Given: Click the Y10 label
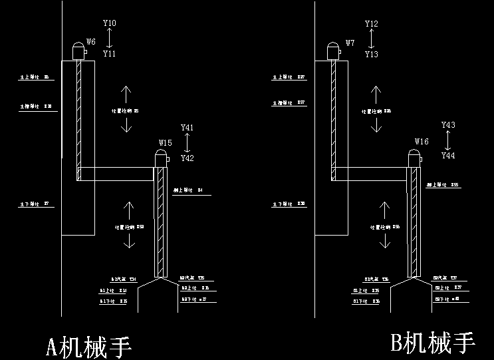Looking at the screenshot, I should (x=110, y=23).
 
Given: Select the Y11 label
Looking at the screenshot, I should (x=110, y=54).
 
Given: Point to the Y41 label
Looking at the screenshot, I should (x=187, y=127).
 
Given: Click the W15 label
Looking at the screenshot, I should (x=165, y=143).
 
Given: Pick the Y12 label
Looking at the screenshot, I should (x=372, y=24).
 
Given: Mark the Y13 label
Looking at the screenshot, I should (x=372, y=55).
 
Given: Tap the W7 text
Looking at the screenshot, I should (x=350, y=43).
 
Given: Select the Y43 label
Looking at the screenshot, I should (x=448, y=125).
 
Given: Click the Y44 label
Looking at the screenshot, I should (x=448, y=156).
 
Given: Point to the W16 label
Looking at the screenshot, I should (x=422, y=142).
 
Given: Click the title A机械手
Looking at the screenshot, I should (x=88, y=347).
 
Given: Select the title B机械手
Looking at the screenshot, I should (x=433, y=343).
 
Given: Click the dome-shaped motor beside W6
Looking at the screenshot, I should (x=79, y=51).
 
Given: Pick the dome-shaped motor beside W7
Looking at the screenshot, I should (x=334, y=51).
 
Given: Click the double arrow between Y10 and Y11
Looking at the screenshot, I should (x=110, y=39).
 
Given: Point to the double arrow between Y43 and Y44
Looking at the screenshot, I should (x=448, y=140).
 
